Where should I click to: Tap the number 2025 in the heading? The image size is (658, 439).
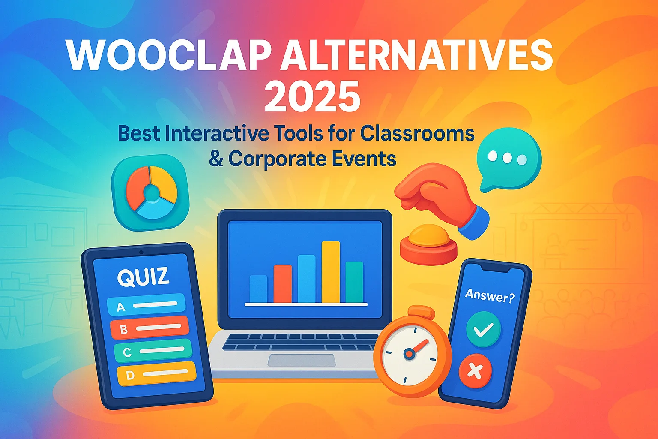click(x=313, y=96)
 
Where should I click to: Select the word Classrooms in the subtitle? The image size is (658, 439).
click(x=417, y=134)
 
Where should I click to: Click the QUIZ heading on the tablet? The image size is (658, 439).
click(x=143, y=277)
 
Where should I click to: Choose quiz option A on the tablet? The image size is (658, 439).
click(x=146, y=305)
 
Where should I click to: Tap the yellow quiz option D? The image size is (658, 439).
click(x=156, y=373)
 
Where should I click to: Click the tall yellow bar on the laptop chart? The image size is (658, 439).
click(x=331, y=272)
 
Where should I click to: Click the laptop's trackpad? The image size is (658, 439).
click(x=302, y=361)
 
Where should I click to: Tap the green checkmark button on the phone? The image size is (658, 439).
click(x=483, y=329)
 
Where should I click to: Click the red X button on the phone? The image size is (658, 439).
click(x=475, y=371)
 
